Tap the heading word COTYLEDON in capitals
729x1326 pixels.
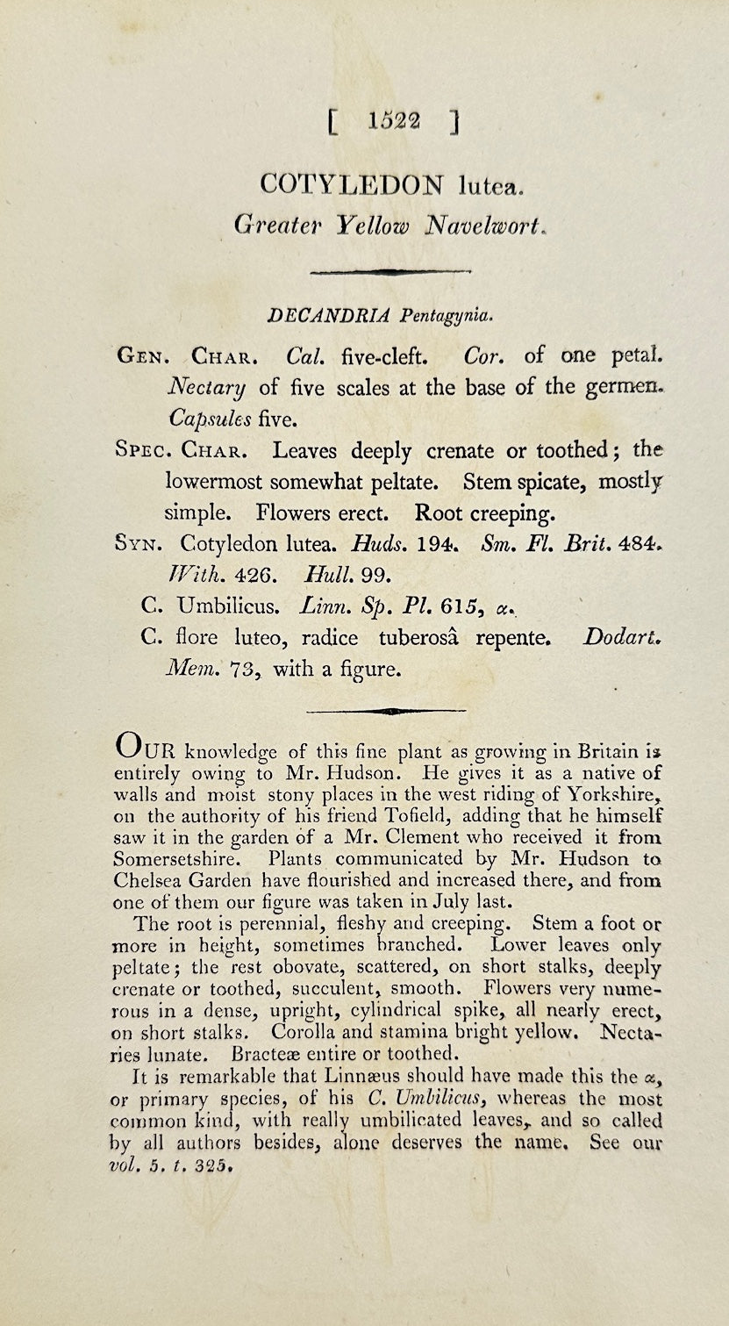pyautogui.click(x=352, y=184)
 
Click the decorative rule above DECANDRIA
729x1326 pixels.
pyautogui.click(x=387, y=272)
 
